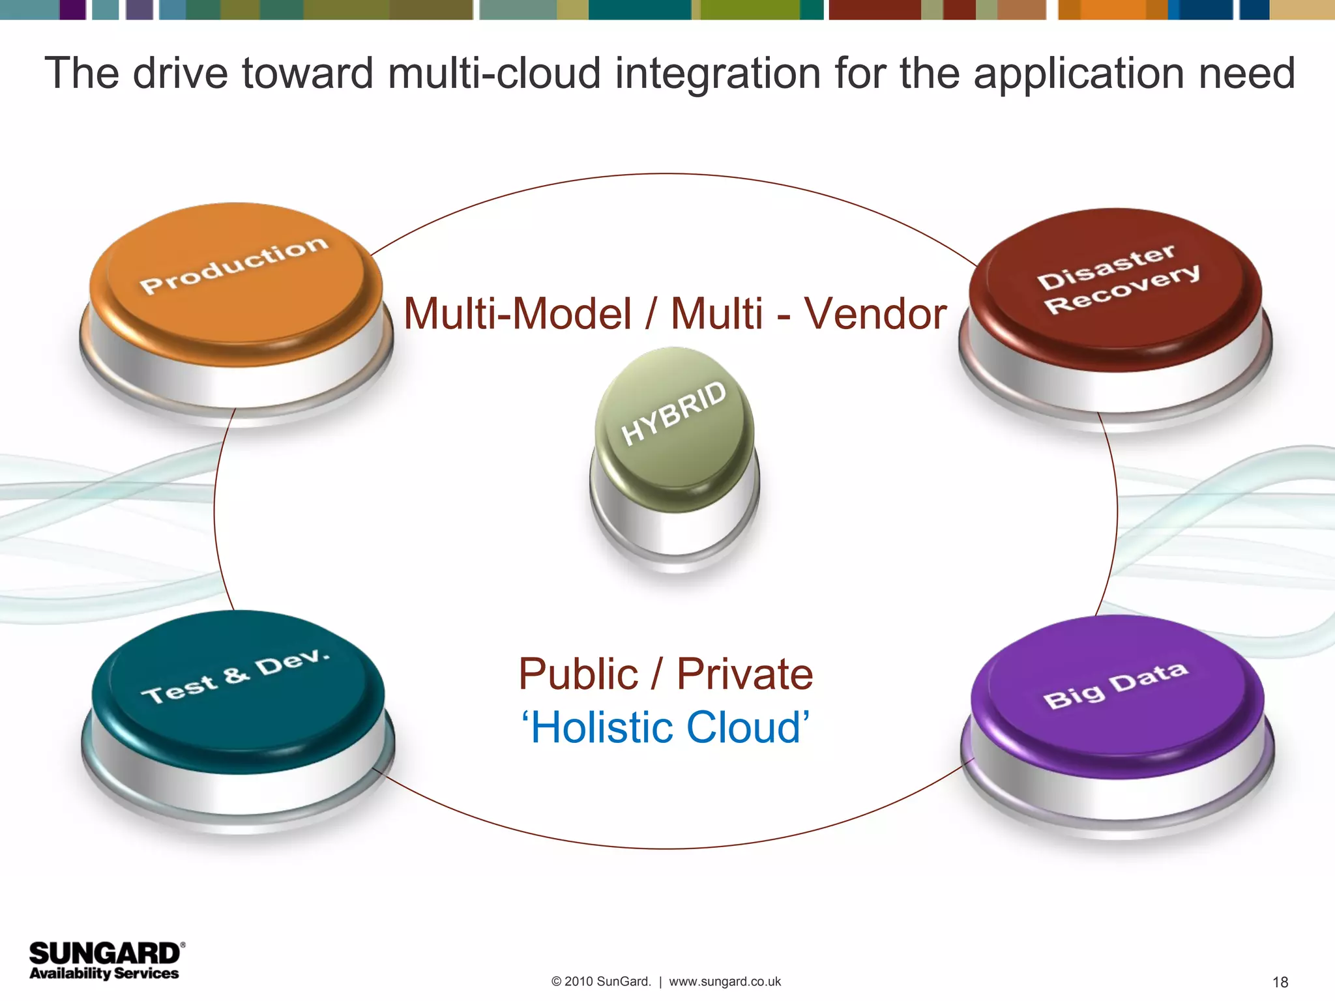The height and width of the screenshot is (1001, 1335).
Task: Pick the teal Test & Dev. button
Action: tap(237, 691)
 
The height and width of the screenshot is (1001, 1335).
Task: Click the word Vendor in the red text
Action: tap(875, 314)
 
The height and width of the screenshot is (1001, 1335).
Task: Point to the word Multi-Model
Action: tap(518, 314)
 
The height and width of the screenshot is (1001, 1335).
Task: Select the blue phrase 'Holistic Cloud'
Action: tap(665, 727)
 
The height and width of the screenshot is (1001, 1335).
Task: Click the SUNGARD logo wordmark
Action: tap(104, 953)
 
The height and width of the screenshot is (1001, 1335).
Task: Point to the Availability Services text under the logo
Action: tap(104, 973)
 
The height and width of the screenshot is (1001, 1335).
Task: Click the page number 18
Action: tap(1280, 982)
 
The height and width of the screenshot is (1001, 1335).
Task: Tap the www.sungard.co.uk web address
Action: tap(725, 981)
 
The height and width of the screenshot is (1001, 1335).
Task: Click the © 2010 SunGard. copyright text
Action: tap(601, 981)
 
